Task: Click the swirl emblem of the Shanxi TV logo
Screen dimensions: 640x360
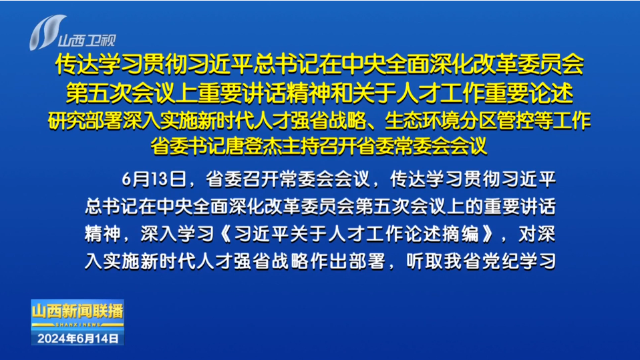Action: [45, 32]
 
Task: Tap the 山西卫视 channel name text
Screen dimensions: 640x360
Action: [87, 40]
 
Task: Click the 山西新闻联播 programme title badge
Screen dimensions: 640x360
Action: [77, 312]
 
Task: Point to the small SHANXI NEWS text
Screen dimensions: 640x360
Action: [77, 325]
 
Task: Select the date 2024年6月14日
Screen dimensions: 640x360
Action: [77, 339]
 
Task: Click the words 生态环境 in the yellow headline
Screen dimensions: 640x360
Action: [422, 120]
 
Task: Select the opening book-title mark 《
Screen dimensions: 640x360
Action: [226, 234]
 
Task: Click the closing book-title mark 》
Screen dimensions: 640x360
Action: [486, 234]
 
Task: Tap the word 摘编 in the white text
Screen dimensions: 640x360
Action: [461, 234]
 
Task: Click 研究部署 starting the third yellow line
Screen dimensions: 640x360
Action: [85, 120]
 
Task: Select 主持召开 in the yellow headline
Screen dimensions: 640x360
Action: [319, 146]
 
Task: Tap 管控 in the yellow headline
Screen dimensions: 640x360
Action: [516, 120]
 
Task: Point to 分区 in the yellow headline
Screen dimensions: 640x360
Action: [478, 120]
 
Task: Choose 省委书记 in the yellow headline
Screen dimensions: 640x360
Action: [188, 146]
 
